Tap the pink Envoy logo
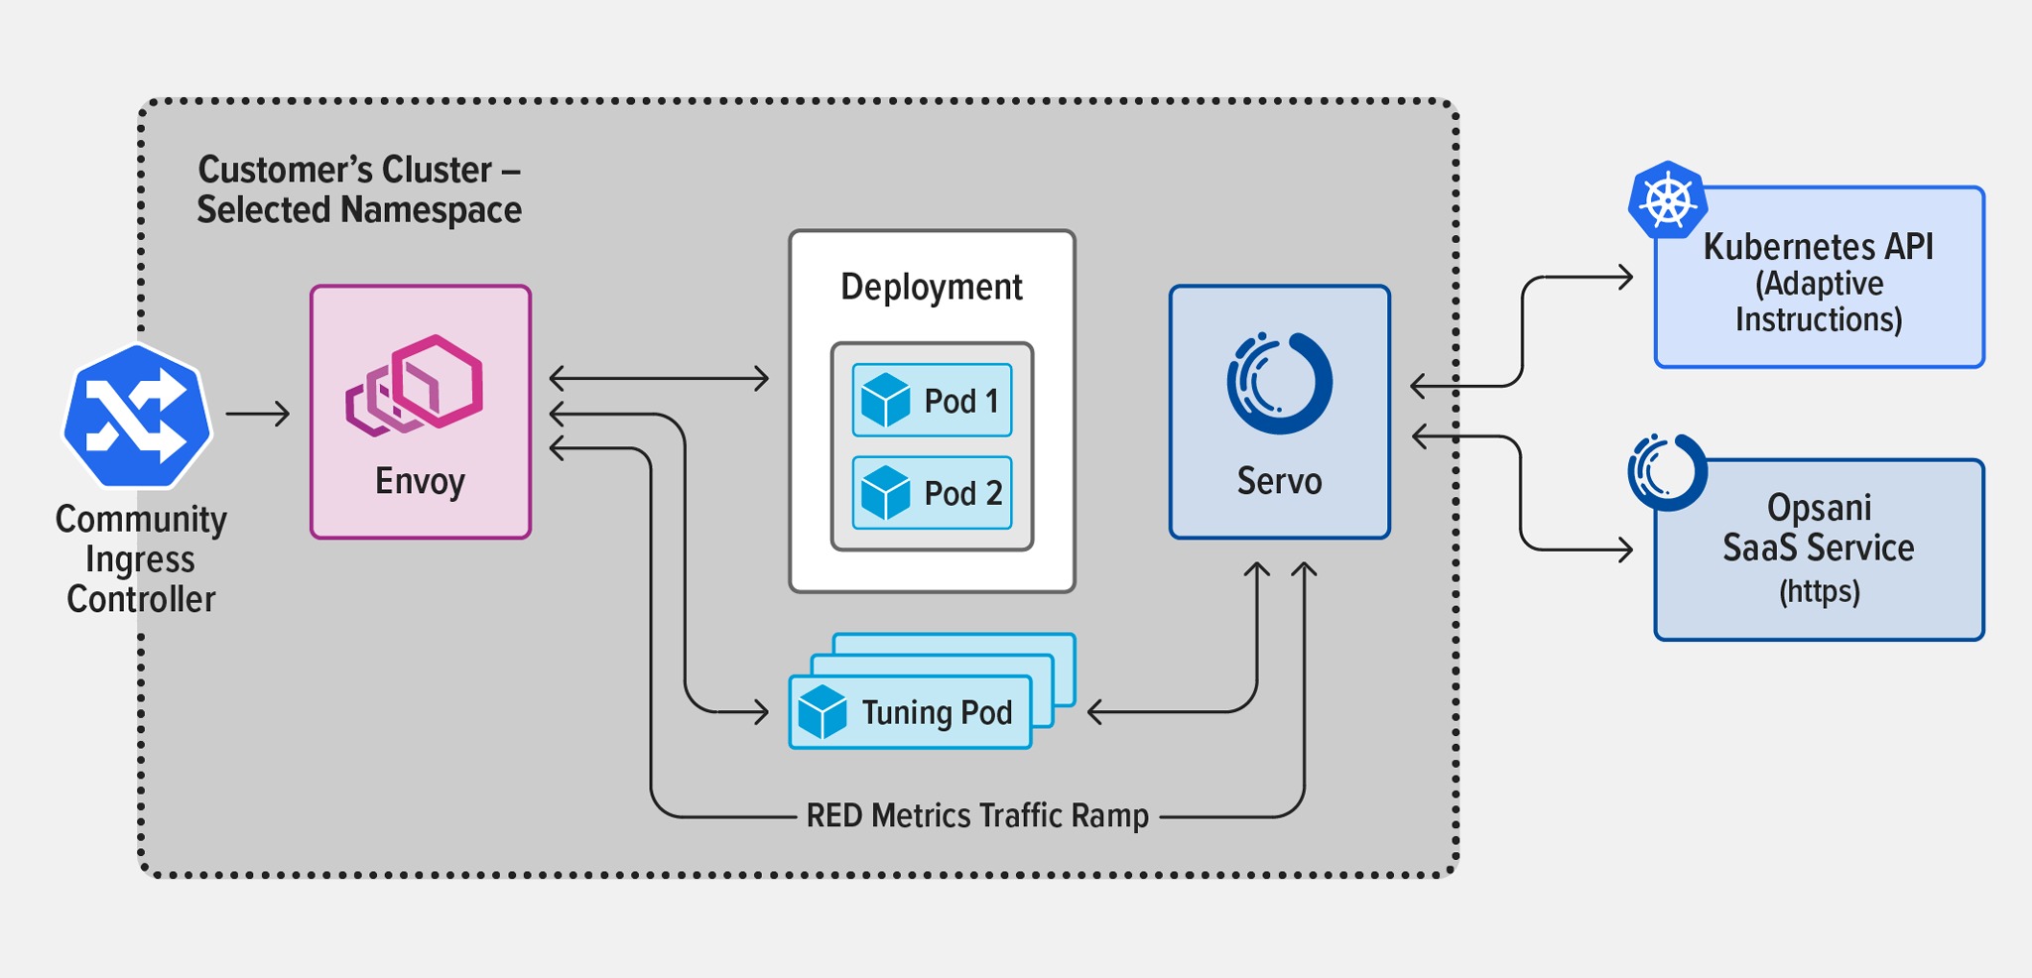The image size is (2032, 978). (415, 385)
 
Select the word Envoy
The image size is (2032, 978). (420, 482)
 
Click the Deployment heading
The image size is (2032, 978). (931, 288)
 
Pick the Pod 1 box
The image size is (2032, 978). (932, 401)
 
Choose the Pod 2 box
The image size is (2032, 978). (932, 493)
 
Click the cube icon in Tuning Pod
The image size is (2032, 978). (823, 712)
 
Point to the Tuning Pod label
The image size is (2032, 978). (937, 713)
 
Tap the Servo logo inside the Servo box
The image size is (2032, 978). (1279, 384)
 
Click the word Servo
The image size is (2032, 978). (1279, 482)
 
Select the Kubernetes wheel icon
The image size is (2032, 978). (1668, 200)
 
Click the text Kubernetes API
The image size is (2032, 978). (1818, 247)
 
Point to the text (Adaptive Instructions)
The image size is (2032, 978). (1818, 302)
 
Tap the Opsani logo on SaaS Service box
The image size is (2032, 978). (1667, 472)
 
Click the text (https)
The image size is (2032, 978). (1819, 592)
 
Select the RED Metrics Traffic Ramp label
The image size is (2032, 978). (977, 816)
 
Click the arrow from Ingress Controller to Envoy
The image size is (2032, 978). (258, 414)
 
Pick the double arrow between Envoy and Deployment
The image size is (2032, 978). (659, 378)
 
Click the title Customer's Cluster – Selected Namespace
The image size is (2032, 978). (359, 189)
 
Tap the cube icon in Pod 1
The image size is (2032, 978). (885, 401)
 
